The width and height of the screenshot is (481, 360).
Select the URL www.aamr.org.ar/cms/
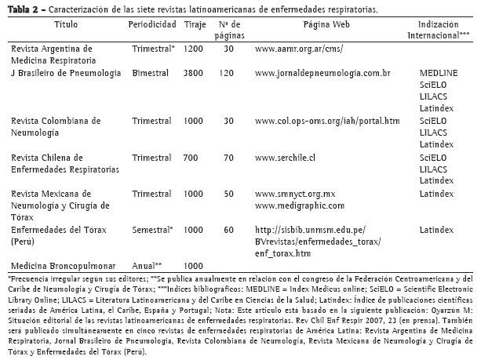tap(300, 49)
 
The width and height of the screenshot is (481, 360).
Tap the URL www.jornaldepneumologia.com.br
tap(323, 73)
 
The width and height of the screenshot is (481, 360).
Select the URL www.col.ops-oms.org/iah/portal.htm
tap(327, 121)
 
